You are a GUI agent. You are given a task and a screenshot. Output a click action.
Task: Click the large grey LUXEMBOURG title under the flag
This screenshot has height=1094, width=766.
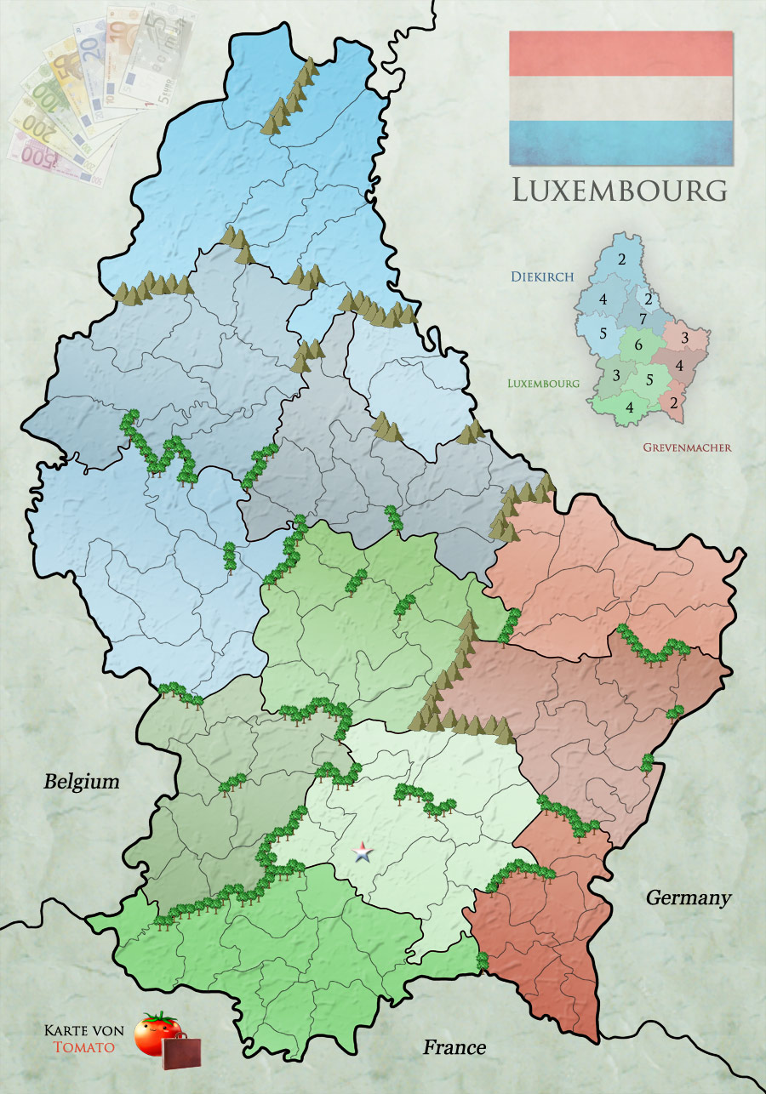tap(620, 190)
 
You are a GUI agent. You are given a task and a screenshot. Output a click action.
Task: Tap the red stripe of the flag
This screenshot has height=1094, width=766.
tap(620, 53)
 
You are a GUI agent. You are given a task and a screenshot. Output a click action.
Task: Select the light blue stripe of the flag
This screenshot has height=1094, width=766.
tap(620, 141)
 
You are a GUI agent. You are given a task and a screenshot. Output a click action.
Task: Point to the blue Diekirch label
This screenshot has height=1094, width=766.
tap(542, 276)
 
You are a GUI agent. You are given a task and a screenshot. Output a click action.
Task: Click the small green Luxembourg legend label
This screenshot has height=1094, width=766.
tap(543, 383)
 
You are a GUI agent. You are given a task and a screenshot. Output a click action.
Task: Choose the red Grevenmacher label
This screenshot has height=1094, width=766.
tap(687, 447)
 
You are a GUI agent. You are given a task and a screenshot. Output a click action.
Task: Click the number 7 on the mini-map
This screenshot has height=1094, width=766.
tap(643, 318)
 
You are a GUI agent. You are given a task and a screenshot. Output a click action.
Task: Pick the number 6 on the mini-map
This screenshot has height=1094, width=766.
tap(638, 345)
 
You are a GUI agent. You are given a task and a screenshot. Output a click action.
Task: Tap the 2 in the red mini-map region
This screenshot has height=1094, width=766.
tap(674, 402)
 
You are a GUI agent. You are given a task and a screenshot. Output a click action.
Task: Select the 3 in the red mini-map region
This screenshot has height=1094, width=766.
tap(684, 339)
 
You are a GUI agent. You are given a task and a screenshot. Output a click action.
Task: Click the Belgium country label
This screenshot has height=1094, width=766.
tap(82, 782)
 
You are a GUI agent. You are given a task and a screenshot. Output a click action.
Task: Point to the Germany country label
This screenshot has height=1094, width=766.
tap(689, 897)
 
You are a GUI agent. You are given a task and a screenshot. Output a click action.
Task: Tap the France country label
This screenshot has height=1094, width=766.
tap(454, 1047)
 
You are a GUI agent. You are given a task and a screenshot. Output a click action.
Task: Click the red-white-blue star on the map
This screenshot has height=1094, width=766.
tap(363, 852)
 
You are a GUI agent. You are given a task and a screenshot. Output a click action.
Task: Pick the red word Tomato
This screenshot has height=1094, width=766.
tap(83, 1046)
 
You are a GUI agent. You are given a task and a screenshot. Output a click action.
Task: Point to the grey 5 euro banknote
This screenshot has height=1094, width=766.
tap(162, 51)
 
